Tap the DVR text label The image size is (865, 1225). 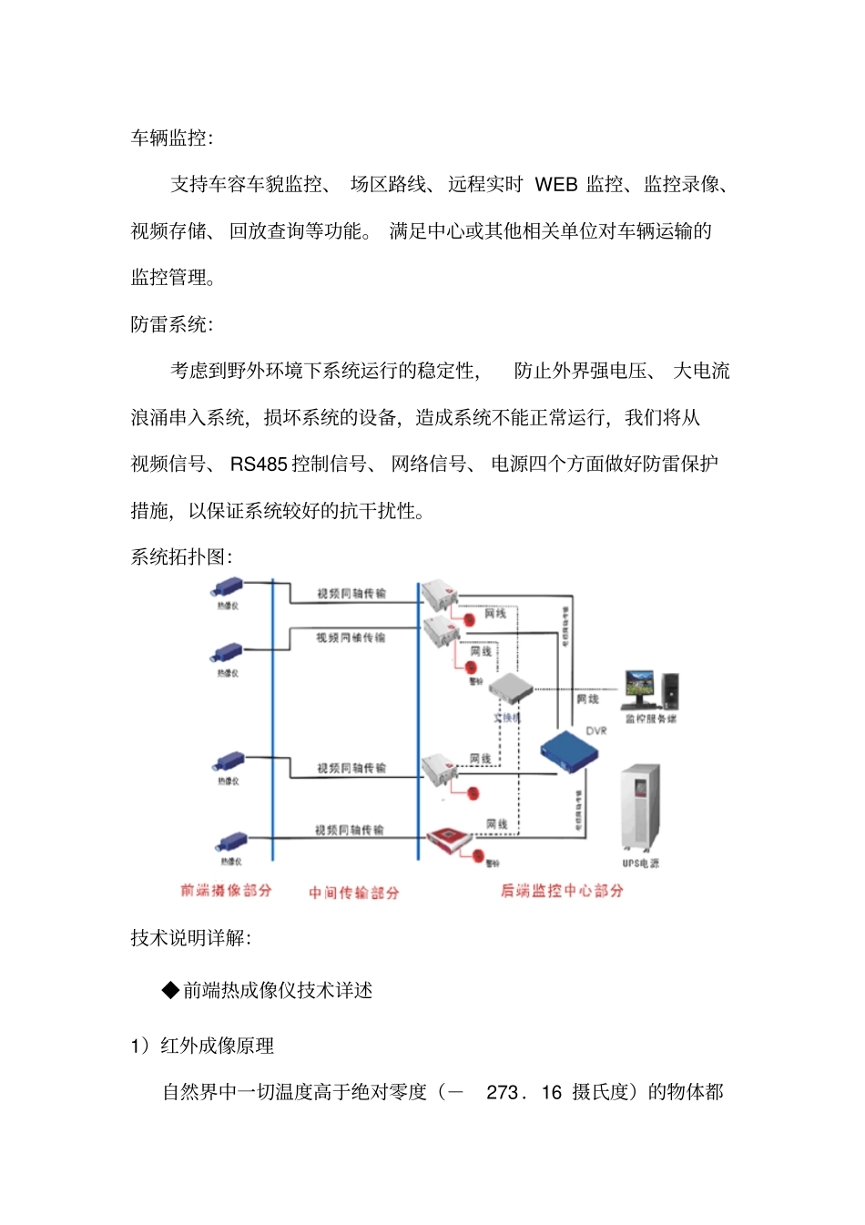pyautogui.click(x=596, y=730)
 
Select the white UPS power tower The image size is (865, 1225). pyautogui.click(x=640, y=807)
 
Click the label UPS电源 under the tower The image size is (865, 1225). pyautogui.click(x=641, y=863)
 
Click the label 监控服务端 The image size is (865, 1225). pyautogui.click(x=650, y=719)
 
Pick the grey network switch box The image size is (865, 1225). pyautogui.click(x=511, y=689)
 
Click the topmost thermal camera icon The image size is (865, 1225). pyautogui.click(x=228, y=587)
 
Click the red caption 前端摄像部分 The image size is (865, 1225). pyautogui.click(x=226, y=890)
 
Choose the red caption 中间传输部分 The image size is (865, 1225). pyautogui.click(x=353, y=893)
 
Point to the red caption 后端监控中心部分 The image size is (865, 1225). pyautogui.click(x=562, y=890)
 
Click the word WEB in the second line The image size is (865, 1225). pyautogui.click(x=555, y=185)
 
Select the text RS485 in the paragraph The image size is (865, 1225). pyautogui.click(x=259, y=464)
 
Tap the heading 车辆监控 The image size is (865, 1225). pyautogui.click(x=171, y=138)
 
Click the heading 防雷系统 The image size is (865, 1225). pyautogui.click(x=171, y=324)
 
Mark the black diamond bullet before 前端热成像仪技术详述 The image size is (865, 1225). pyautogui.click(x=170, y=990)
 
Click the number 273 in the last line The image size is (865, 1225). pyautogui.click(x=503, y=1092)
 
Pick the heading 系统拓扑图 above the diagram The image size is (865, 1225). pyautogui.click(x=180, y=557)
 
